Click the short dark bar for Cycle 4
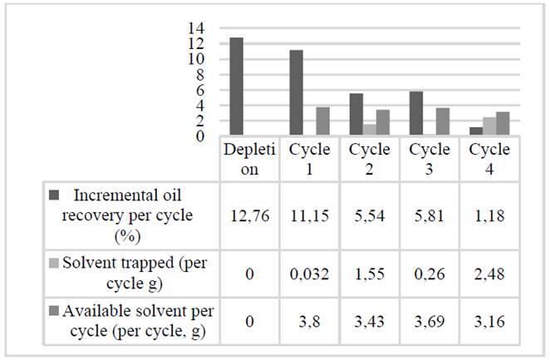tap(475, 131)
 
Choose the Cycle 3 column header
tap(429, 158)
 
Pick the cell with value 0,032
tap(310, 271)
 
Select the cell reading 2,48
tap(489, 271)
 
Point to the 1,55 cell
tap(369, 271)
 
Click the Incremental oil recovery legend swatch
tap(54, 196)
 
